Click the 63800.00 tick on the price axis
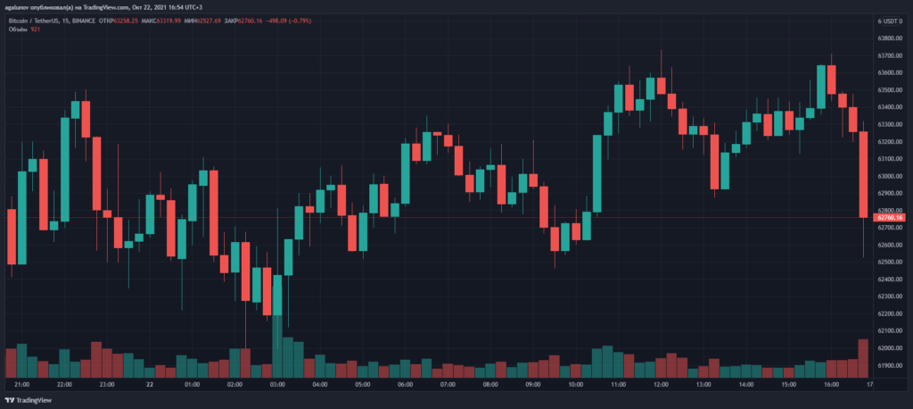(x=889, y=38)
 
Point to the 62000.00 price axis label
(x=889, y=348)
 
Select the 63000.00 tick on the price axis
(x=889, y=176)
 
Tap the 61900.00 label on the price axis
(x=889, y=366)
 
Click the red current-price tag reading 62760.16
(x=891, y=217)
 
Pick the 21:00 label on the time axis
(x=23, y=385)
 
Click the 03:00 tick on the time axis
(x=277, y=385)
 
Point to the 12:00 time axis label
(x=661, y=385)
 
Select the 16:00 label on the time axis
(x=831, y=385)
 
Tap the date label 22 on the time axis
(x=150, y=385)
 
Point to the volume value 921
(x=36, y=29)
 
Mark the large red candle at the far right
(x=862, y=174)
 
